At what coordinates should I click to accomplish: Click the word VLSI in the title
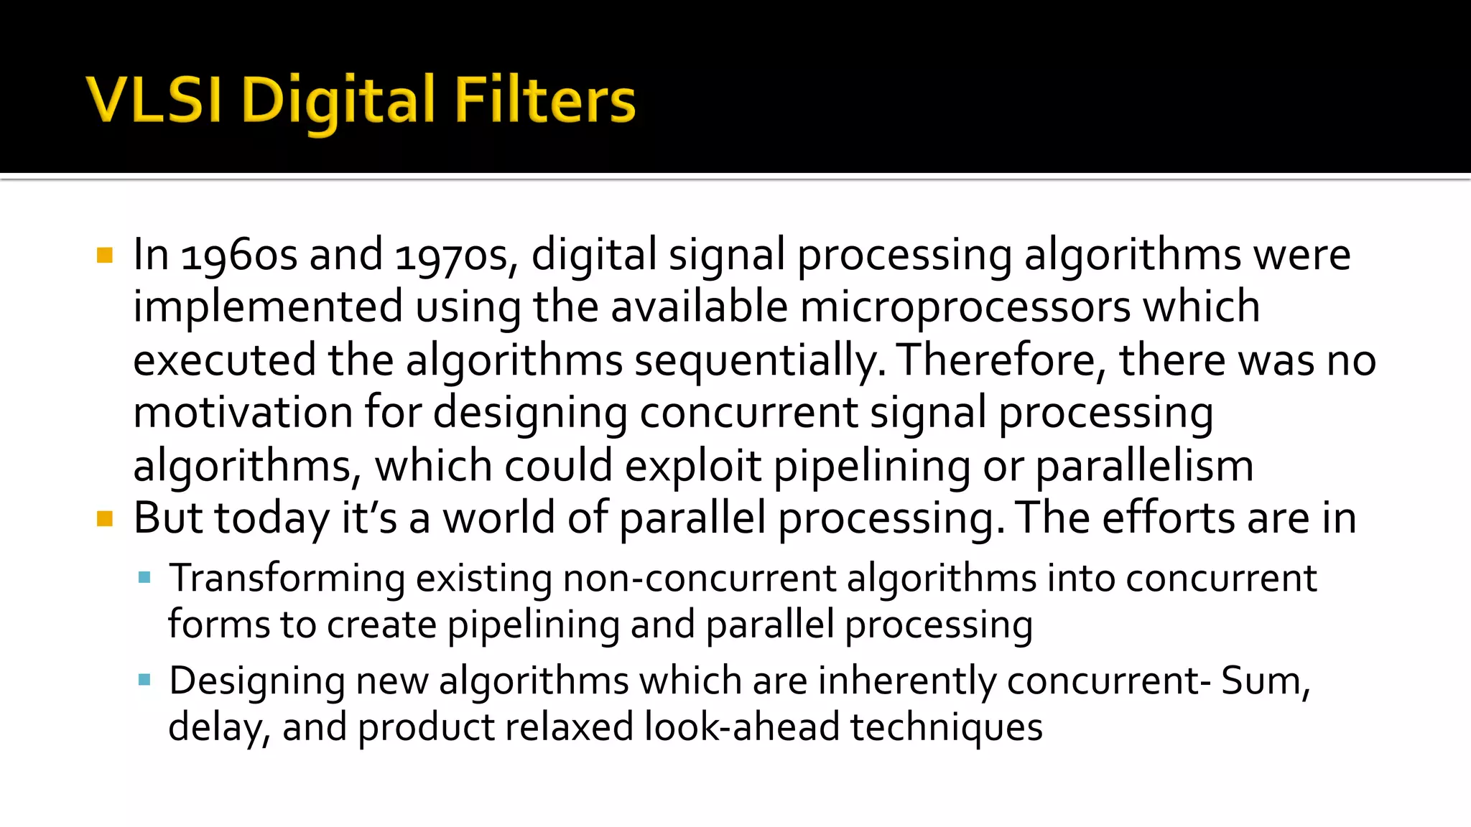[153, 100]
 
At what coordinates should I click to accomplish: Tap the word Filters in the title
[544, 100]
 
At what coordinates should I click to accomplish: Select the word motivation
[243, 413]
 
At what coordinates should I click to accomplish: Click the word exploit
[692, 467]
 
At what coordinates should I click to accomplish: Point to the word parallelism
[1144, 467]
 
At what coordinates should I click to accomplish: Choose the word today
[272, 518]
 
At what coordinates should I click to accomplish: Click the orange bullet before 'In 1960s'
[105, 256]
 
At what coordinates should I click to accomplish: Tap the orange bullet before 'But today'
[105, 518]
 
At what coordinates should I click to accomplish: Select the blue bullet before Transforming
[145, 577]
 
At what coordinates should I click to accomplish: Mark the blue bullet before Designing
[145, 679]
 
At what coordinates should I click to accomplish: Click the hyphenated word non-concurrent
[700, 579]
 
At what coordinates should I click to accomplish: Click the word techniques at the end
[947, 727]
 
